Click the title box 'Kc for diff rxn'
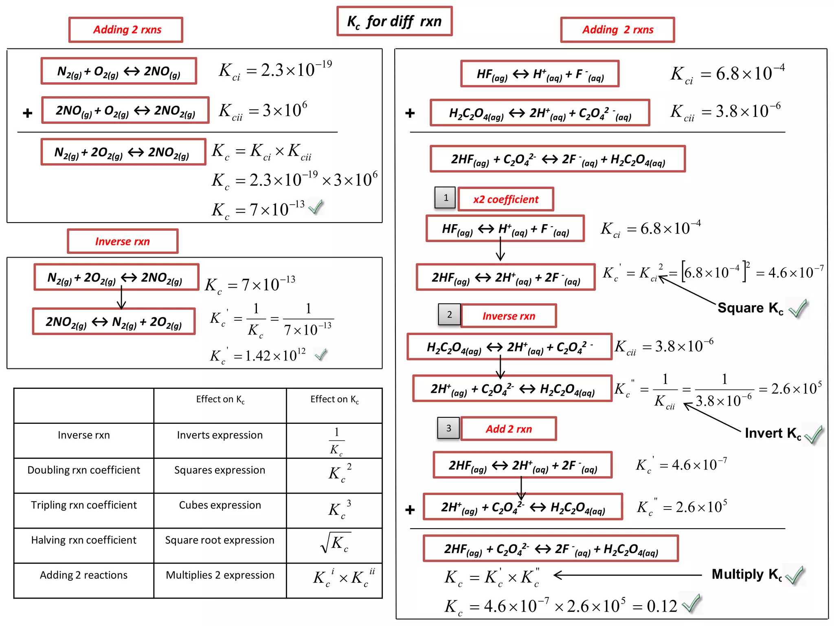coord(394,21)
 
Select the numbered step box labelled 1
coord(445,198)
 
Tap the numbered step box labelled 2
coord(449,315)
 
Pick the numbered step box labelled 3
coord(448,428)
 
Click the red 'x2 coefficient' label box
coord(505,199)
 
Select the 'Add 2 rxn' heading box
coord(509,429)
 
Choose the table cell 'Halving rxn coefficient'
coord(84,540)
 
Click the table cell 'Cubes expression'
coord(220,505)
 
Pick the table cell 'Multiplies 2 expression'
coord(220,575)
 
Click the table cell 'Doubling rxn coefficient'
coord(84,470)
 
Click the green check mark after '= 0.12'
coord(691,604)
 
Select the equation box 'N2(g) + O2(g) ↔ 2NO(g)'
coord(119,71)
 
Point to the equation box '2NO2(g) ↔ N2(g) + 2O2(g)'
coord(114,322)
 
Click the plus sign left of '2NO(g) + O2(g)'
coord(28,113)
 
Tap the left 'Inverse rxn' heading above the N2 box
coord(123,242)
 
